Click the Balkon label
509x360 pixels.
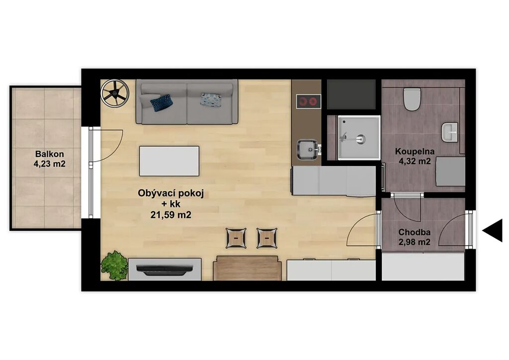click(x=49, y=154)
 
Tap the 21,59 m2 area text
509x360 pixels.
click(x=171, y=215)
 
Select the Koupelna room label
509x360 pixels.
click(x=415, y=151)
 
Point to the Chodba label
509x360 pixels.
click(x=415, y=232)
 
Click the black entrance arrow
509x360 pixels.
click(x=493, y=231)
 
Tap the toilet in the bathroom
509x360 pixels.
click(x=412, y=99)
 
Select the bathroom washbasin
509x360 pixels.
click(x=449, y=132)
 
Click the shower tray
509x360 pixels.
click(x=359, y=138)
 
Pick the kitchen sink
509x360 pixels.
click(x=307, y=150)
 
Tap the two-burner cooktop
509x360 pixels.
click(x=308, y=101)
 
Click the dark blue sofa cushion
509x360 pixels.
click(x=162, y=102)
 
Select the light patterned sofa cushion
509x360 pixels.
click(x=211, y=99)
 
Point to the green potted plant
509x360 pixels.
click(x=113, y=266)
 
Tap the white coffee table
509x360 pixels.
click(x=169, y=161)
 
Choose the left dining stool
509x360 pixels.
click(x=236, y=238)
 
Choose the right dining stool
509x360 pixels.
click(x=267, y=238)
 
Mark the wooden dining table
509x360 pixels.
click(x=248, y=268)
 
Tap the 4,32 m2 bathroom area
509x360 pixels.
click(x=415, y=161)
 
